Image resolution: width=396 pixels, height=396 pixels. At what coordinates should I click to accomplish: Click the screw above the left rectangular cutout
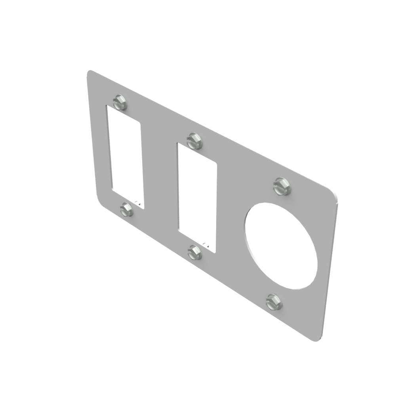[x=120, y=102]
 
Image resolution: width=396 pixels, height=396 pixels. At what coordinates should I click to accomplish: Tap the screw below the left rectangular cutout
[x=127, y=209]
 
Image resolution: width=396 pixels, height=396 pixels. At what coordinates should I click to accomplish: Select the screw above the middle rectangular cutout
[x=194, y=141]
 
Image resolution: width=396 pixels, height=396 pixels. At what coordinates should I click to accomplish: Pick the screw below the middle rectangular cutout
[x=194, y=252]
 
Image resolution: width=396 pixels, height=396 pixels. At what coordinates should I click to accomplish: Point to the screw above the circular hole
[x=282, y=186]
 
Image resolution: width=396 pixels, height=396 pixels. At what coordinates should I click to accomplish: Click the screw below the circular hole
[x=274, y=302]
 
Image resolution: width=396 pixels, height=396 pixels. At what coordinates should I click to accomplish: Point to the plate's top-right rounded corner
[x=335, y=195]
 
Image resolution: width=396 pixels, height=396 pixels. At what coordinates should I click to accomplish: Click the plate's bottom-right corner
[x=319, y=340]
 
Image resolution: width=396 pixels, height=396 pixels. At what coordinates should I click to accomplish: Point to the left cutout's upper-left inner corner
[x=108, y=107]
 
